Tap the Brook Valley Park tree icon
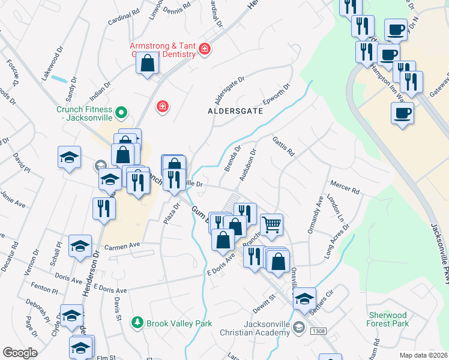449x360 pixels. pos(137,323)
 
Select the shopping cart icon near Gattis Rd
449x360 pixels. pos(272,225)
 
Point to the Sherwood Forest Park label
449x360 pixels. pos(388,319)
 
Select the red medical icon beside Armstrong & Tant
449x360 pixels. pos(205,49)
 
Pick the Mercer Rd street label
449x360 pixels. pos(345,187)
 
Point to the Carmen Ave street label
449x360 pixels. pos(122,246)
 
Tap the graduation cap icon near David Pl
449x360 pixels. pos(70,158)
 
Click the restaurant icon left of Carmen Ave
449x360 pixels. pos(104,208)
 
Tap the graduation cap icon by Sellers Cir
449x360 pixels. pos(305,298)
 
